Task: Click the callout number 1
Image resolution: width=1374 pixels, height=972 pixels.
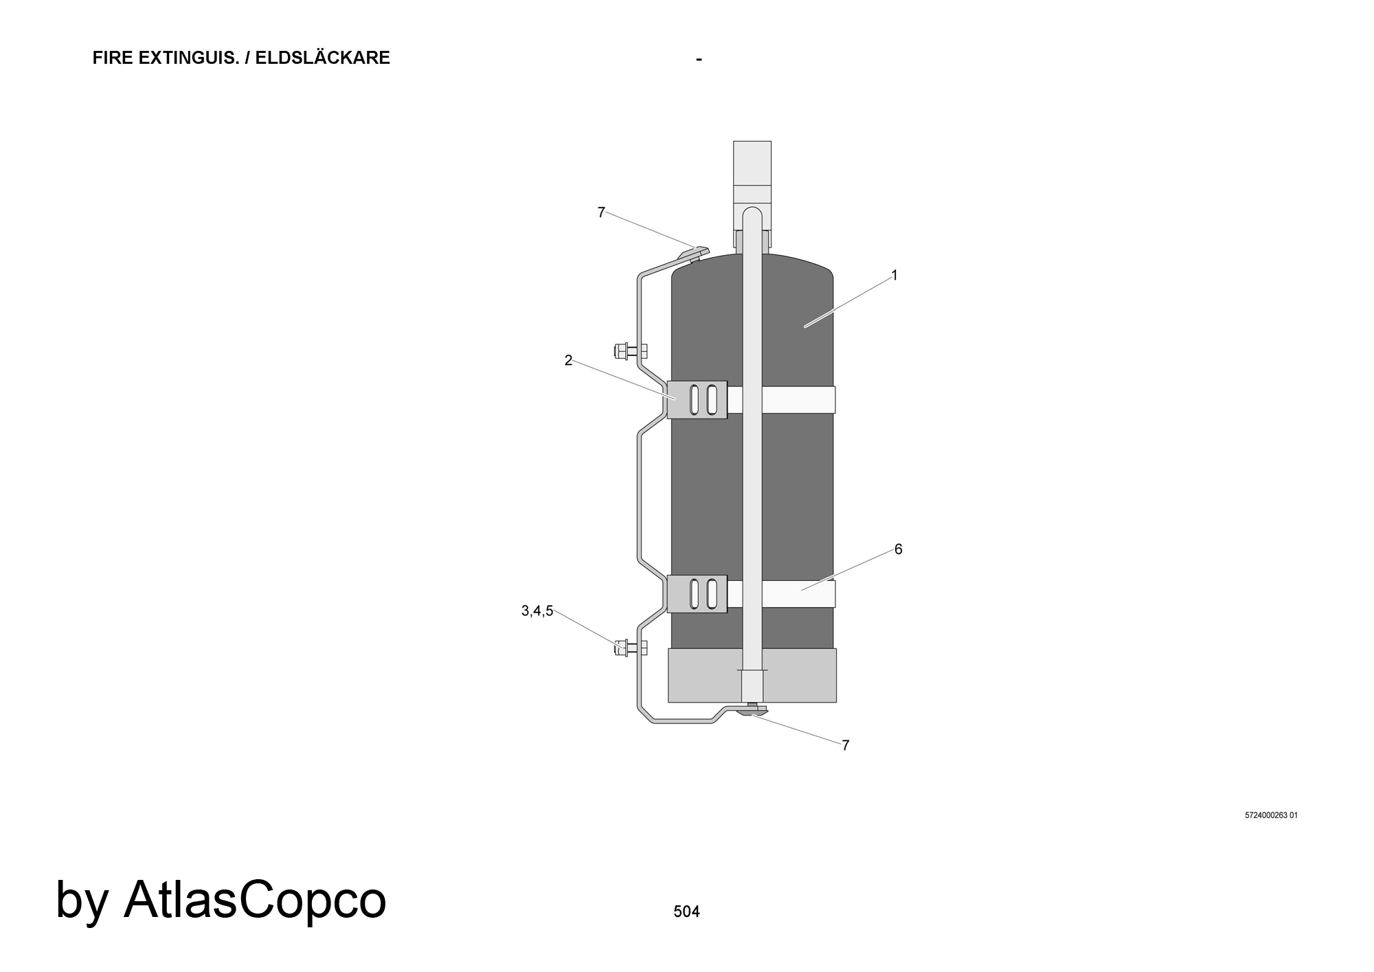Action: (894, 275)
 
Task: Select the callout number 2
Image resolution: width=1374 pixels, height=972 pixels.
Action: (568, 360)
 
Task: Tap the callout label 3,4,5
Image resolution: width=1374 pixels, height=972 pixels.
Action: (537, 611)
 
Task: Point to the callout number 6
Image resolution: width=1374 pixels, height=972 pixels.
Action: (898, 549)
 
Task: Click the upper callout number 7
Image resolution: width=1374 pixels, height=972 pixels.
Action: (601, 212)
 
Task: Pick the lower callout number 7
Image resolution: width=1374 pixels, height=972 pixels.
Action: (846, 745)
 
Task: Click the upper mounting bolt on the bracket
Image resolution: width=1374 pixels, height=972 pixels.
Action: (630, 351)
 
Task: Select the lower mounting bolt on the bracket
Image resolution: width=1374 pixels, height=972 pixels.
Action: (630, 647)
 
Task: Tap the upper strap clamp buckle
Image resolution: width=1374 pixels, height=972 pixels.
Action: (697, 399)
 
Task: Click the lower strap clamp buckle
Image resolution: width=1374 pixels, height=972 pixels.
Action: (697, 594)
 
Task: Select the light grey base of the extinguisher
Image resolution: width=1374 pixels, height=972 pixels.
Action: (752, 675)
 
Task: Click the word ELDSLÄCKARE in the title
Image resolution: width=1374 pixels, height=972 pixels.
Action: (323, 58)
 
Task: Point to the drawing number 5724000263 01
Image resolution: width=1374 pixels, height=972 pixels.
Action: (1271, 816)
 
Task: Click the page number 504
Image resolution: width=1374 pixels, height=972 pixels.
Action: (686, 912)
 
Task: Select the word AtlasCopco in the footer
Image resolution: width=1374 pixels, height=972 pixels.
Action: (255, 900)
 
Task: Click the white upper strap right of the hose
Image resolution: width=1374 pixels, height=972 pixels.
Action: (798, 399)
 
